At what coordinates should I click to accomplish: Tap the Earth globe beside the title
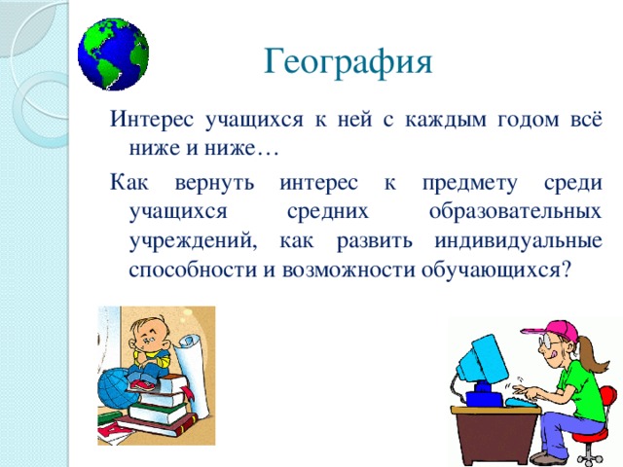(x=113, y=54)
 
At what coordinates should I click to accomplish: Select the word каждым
(x=446, y=120)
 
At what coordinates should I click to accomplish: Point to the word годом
(x=528, y=121)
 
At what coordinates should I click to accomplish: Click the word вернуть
(x=214, y=183)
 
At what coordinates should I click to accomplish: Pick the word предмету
(x=470, y=184)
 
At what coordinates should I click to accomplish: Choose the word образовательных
(x=515, y=212)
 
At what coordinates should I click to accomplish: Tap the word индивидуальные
(x=518, y=241)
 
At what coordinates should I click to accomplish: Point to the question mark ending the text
(x=566, y=269)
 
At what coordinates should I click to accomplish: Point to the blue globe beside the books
(x=113, y=387)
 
